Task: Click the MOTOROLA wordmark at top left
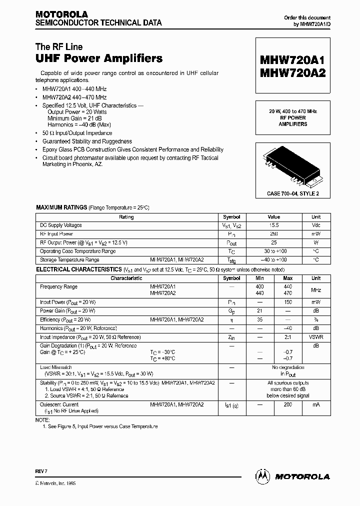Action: (x=61, y=14)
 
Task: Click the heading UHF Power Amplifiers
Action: (x=99, y=58)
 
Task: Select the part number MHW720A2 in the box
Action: (x=292, y=73)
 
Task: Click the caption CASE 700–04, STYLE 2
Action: (x=293, y=193)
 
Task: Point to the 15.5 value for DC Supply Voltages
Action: (x=273, y=225)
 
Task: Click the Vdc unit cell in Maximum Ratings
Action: (x=316, y=225)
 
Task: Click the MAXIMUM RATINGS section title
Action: (x=60, y=207)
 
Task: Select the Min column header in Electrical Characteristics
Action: (x=259, y=278)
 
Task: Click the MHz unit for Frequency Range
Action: (x=316, y=290)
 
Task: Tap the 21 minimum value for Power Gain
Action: (x=259, y=310)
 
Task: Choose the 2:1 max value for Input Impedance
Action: (x=288, y=337)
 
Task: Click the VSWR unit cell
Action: (x=316, y=337)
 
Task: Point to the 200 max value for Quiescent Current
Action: (x=288, y=404)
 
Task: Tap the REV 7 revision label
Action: (x=41, y=471)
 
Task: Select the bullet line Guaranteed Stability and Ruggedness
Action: (x=87, y=141)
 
